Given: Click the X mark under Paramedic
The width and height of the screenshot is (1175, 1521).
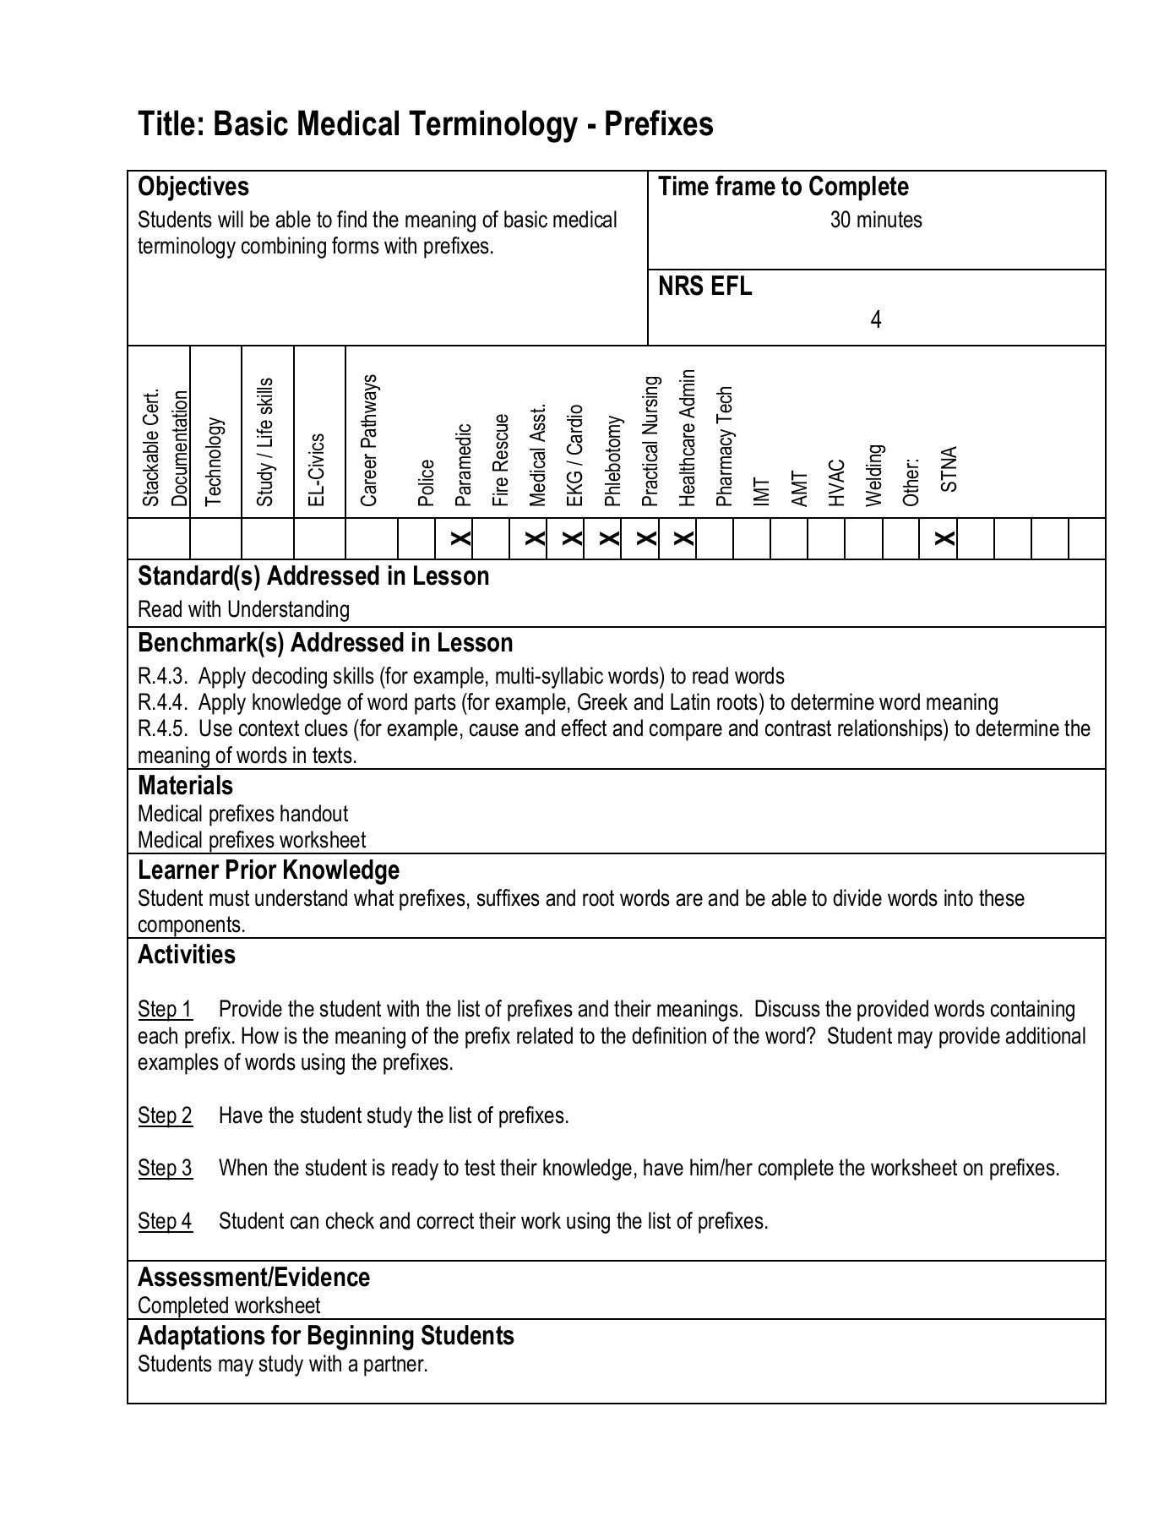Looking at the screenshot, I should click(x=460, y=538).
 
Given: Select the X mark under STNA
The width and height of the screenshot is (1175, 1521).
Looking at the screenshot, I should click(x=946, y=538).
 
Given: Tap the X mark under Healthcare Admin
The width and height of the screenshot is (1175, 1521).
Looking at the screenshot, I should click(x=684, y=538).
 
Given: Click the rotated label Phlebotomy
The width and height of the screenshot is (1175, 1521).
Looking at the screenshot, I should click(x=613, y=461).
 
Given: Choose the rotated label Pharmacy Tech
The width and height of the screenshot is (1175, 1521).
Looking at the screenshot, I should click(x=725, y=446).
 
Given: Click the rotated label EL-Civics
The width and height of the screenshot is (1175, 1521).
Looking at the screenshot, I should click(x=317, y=470).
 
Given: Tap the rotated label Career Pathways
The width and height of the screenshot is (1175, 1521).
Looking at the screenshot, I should click(x=369, y=440).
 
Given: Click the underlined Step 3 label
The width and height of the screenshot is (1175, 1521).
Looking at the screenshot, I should click(x=165, y=1169).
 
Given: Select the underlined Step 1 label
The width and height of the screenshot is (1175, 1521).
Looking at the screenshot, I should click(x=165, y=1010).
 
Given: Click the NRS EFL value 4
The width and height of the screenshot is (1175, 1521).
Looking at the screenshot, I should click(x=876, y=320).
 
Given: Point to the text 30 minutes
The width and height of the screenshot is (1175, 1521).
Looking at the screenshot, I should click(x=876, y=221).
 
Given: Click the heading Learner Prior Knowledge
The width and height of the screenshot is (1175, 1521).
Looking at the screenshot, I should click(x=269, y=870).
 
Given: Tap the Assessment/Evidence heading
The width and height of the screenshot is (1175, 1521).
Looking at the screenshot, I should click(x=253, y=1278).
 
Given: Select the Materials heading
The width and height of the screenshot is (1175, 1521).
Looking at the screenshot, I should click(x=185, y=786).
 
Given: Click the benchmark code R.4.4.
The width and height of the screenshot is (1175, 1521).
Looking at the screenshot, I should click(x=161, y=703).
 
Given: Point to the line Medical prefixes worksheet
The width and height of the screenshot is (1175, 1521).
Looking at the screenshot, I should click(x=252, y=841).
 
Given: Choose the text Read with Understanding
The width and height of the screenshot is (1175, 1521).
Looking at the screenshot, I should click(x=243, y=610).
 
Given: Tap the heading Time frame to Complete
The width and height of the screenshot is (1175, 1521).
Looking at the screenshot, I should click(x=783, y=187).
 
